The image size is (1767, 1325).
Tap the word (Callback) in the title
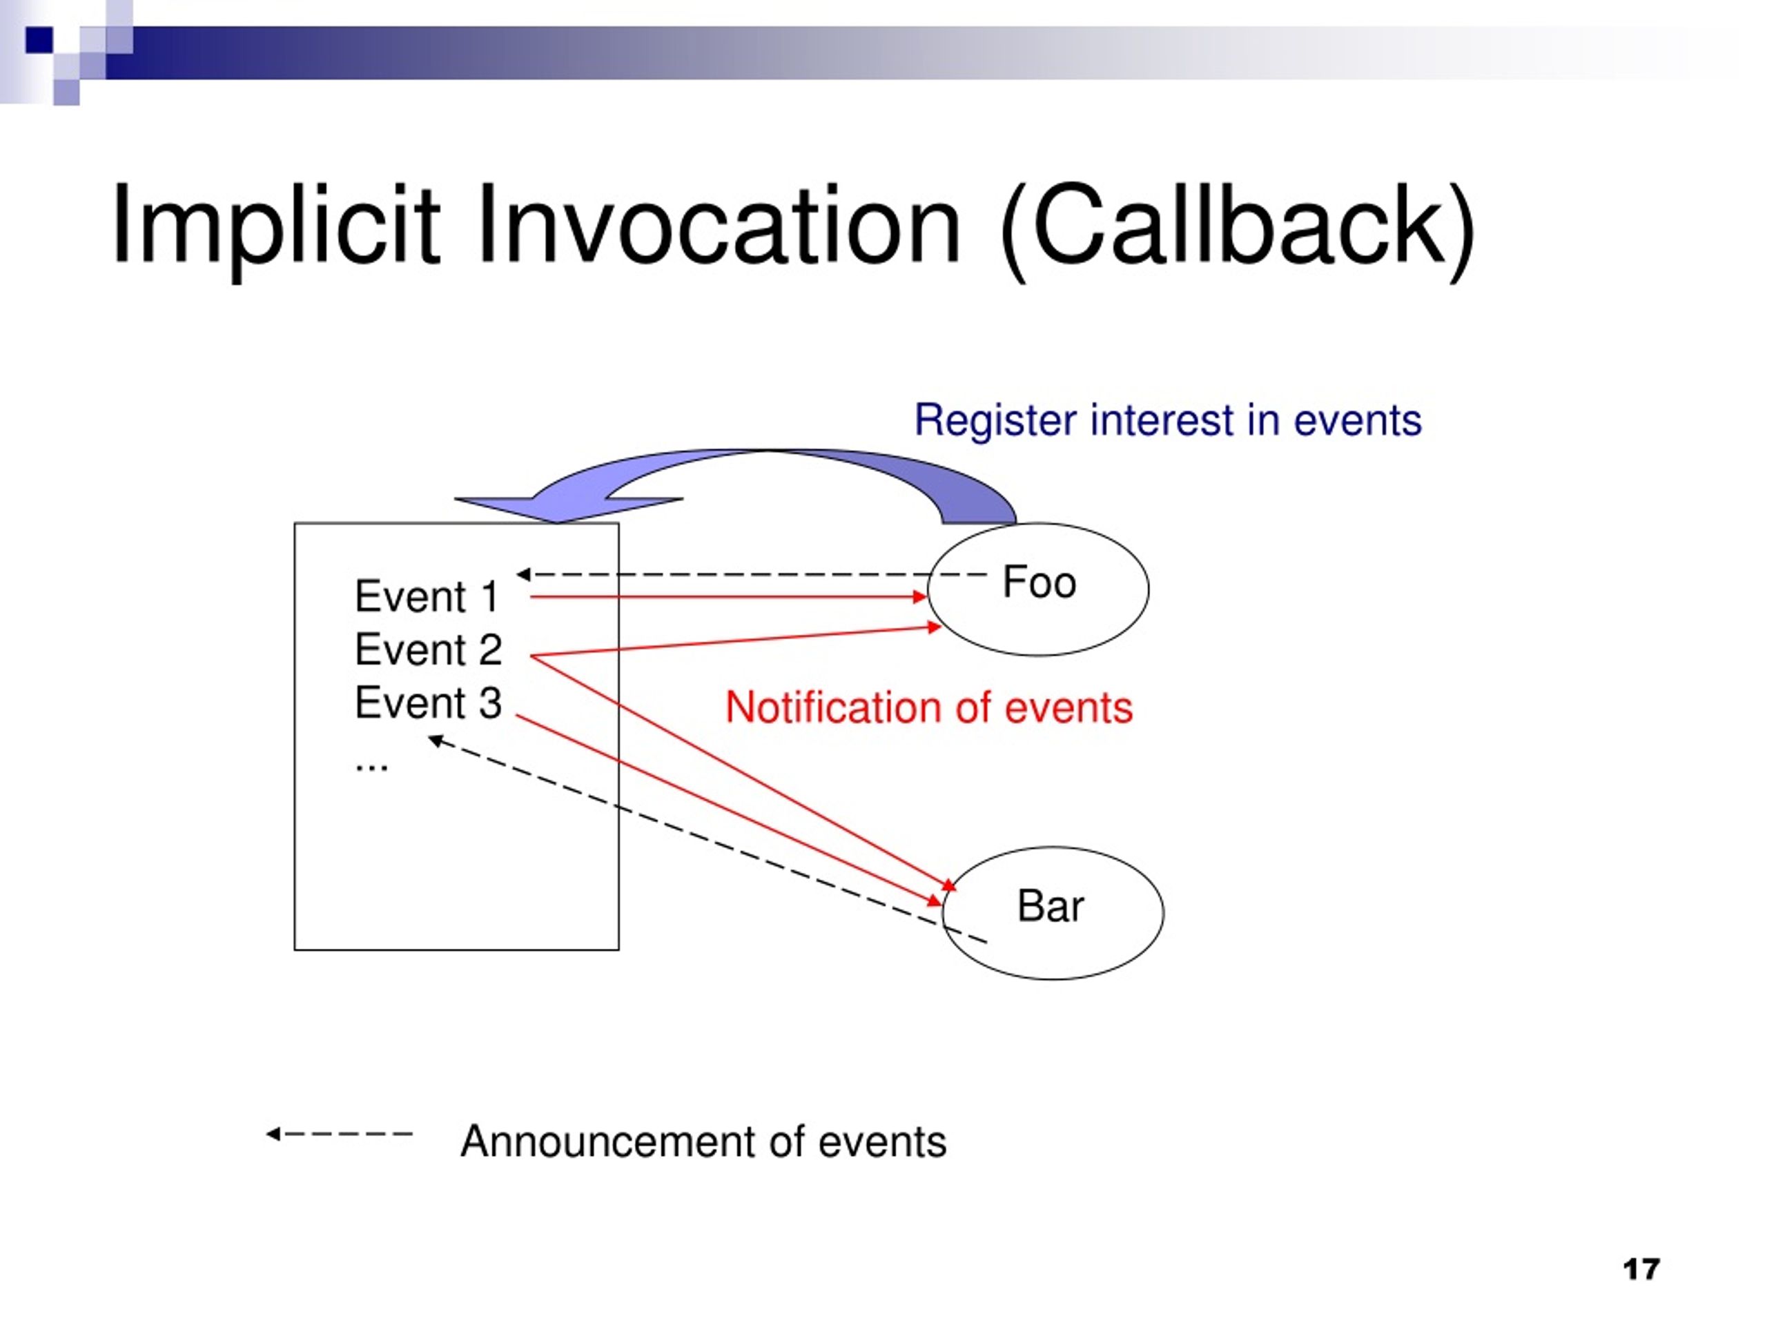(1237, 229)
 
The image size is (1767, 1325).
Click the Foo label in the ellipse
(1039, 582)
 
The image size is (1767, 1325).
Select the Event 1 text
(427, 597)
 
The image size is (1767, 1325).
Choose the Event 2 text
(428, 649)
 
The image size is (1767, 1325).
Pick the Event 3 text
(428, 703)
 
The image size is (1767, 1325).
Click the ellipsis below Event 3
(371, 767)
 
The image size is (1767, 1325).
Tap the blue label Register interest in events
(1168, 420)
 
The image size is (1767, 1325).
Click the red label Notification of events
(928, 707)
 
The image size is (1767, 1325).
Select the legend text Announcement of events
(703, 1141)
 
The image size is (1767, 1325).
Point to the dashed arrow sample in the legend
(340, 1133)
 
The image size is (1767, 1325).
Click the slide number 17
(1641, 1269)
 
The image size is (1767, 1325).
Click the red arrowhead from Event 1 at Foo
(920, 597)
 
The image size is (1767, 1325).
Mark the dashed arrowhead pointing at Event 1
(523, 574)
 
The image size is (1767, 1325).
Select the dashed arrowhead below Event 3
(436, 741)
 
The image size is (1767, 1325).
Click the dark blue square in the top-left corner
(39, 40)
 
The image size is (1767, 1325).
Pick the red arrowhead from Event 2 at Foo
(935, 628)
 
